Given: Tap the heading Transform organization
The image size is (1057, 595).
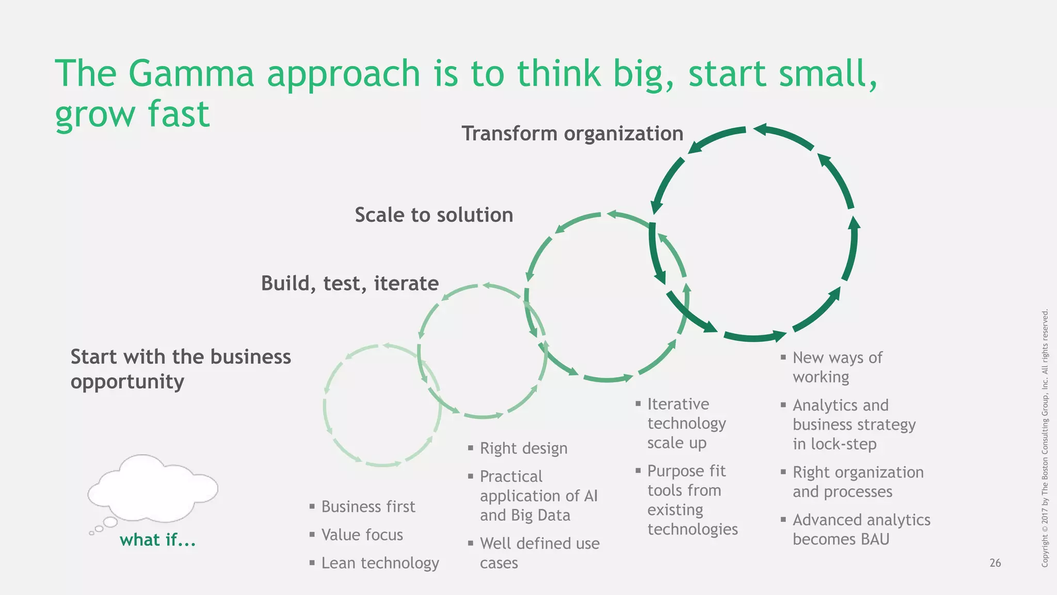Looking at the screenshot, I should point(572,133).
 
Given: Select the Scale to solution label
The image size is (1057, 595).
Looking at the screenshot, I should point(434,215).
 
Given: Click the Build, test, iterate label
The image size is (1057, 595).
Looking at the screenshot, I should point(349,283).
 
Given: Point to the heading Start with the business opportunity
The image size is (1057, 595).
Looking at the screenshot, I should point(180,369).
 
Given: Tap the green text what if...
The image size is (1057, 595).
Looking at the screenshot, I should point(157,540).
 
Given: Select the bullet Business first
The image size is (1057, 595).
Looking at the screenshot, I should point(367,507).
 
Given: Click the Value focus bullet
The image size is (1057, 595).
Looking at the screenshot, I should point(362,535).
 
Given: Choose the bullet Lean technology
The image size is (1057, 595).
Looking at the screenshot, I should point(380,563).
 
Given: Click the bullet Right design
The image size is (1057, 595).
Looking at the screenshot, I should point(523,448).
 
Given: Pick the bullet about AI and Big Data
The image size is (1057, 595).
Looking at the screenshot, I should point(538,496).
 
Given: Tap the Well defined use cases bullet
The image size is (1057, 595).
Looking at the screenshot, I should point(539,553).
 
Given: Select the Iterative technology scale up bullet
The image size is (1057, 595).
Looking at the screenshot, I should point(686,424).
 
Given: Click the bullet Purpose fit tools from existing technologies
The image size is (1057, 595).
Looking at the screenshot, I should point(692,500).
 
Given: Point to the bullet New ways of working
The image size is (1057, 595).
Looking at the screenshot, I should point(837,367).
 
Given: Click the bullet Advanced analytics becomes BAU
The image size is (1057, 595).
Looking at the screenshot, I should point(861,529).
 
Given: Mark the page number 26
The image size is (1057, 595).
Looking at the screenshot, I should point(995,563).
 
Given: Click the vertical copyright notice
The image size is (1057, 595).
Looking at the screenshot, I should point(1045,438).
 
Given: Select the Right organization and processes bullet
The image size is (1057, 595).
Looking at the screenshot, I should point(858,482).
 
